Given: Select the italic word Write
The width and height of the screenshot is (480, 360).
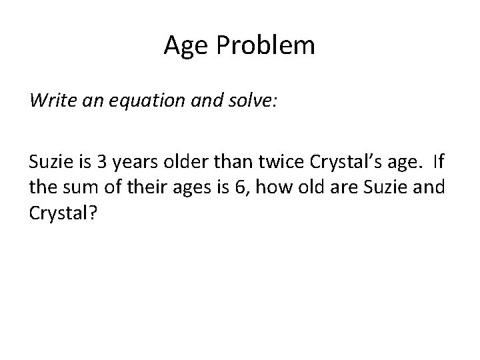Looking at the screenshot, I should (49, 101).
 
